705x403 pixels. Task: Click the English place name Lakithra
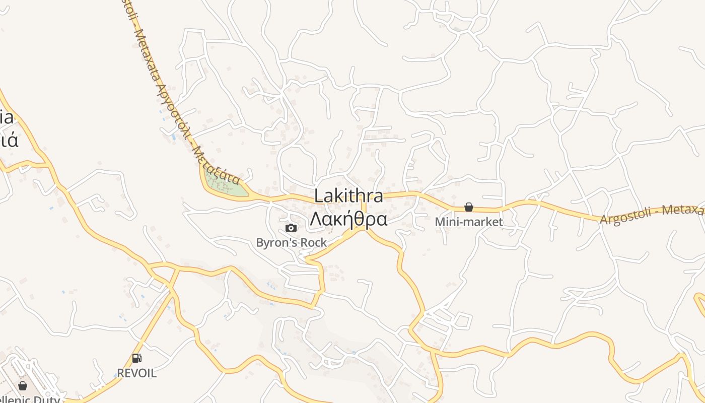click(x=348, y=196)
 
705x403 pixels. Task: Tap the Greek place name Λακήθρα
click(x=348, y=219)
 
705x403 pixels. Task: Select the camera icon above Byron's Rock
click(x=291, y=228)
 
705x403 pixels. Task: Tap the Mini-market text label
click(x=469, y=222)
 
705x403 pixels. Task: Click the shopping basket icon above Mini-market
click(x=469, y=207)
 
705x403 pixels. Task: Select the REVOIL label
click(x=136, y=373)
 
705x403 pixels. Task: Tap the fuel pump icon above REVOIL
click(x=136, y=358)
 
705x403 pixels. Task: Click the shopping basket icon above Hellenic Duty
click(x=23, y=386)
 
